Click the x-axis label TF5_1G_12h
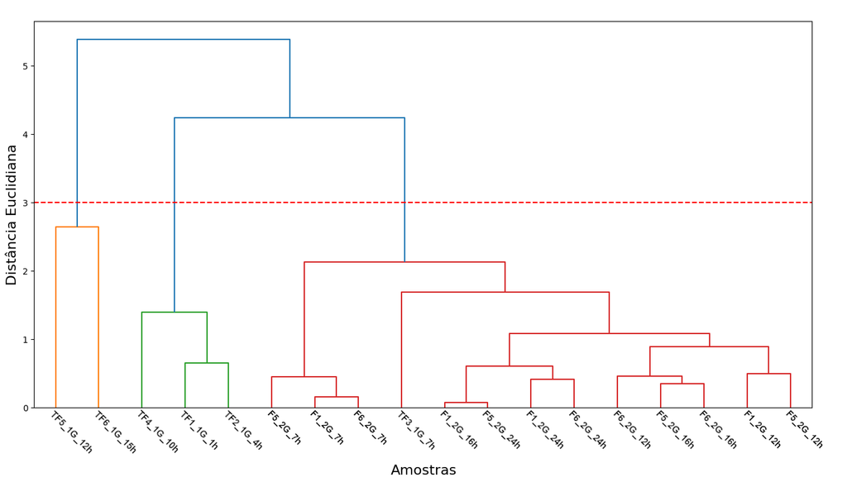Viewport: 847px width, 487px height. [x=71, y=432]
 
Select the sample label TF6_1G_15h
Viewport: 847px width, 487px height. [x=115, y=432]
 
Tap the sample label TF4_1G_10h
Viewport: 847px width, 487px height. [x=158, y=432]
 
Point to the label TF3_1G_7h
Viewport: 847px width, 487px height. [x=416, y=430]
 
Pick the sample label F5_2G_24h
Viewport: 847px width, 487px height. [x=501, y=430]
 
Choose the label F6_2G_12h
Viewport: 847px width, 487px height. [x=632, y=430]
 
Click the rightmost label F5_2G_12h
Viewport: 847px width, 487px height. [x=804, y=430]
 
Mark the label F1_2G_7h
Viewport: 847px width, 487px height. [x=327, y=427]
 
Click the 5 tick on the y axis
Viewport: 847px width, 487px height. [x=25, y=66]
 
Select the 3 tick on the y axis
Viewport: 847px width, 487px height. [x=25, y=203]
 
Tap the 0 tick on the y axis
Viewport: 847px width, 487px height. [x=25, y=408]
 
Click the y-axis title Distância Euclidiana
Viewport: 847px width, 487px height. [x=12, y=215]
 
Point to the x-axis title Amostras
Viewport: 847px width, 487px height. [x=423, y=470]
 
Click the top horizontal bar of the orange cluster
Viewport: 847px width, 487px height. [x=77, y=227]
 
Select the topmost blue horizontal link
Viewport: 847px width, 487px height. [x=184, y=40]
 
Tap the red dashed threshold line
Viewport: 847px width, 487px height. [x=423, y=203]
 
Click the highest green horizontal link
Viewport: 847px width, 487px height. [x=175, y=312]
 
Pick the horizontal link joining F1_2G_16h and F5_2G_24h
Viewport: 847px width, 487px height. [x=467, y=403]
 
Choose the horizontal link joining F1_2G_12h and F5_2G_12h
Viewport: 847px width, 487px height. [x=768, y=374]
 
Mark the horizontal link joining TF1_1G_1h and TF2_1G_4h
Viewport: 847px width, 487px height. [x=207, y=363]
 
